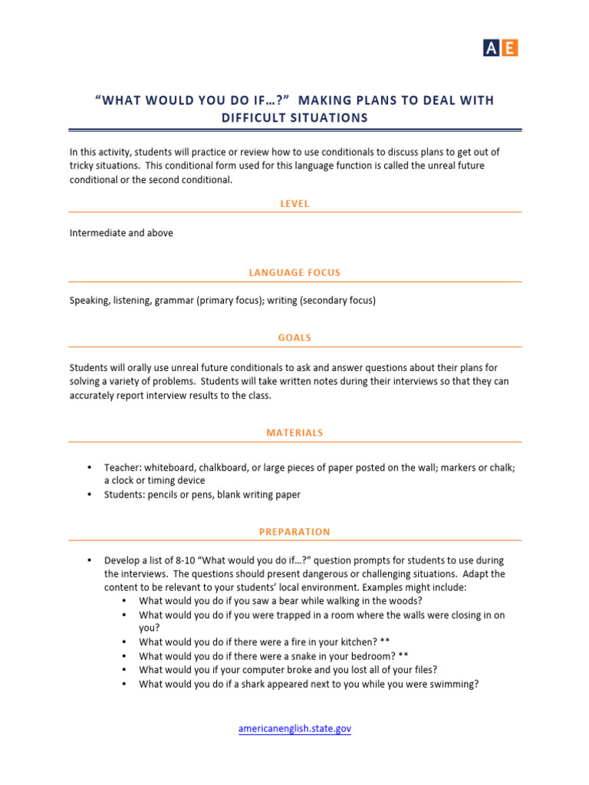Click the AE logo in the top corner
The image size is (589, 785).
pos(500,48)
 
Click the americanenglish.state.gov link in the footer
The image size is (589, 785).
pos(294,729)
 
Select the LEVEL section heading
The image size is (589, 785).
pos(294,204)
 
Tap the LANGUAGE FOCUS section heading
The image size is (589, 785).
pos(294,273)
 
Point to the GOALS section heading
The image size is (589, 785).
pos(294,337)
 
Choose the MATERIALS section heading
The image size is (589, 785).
pos(294,433)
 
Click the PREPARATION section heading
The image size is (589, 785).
pos(294,532)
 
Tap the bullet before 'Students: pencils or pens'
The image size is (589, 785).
pos(90,494)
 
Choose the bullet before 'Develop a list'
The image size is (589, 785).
pos(90,560)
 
